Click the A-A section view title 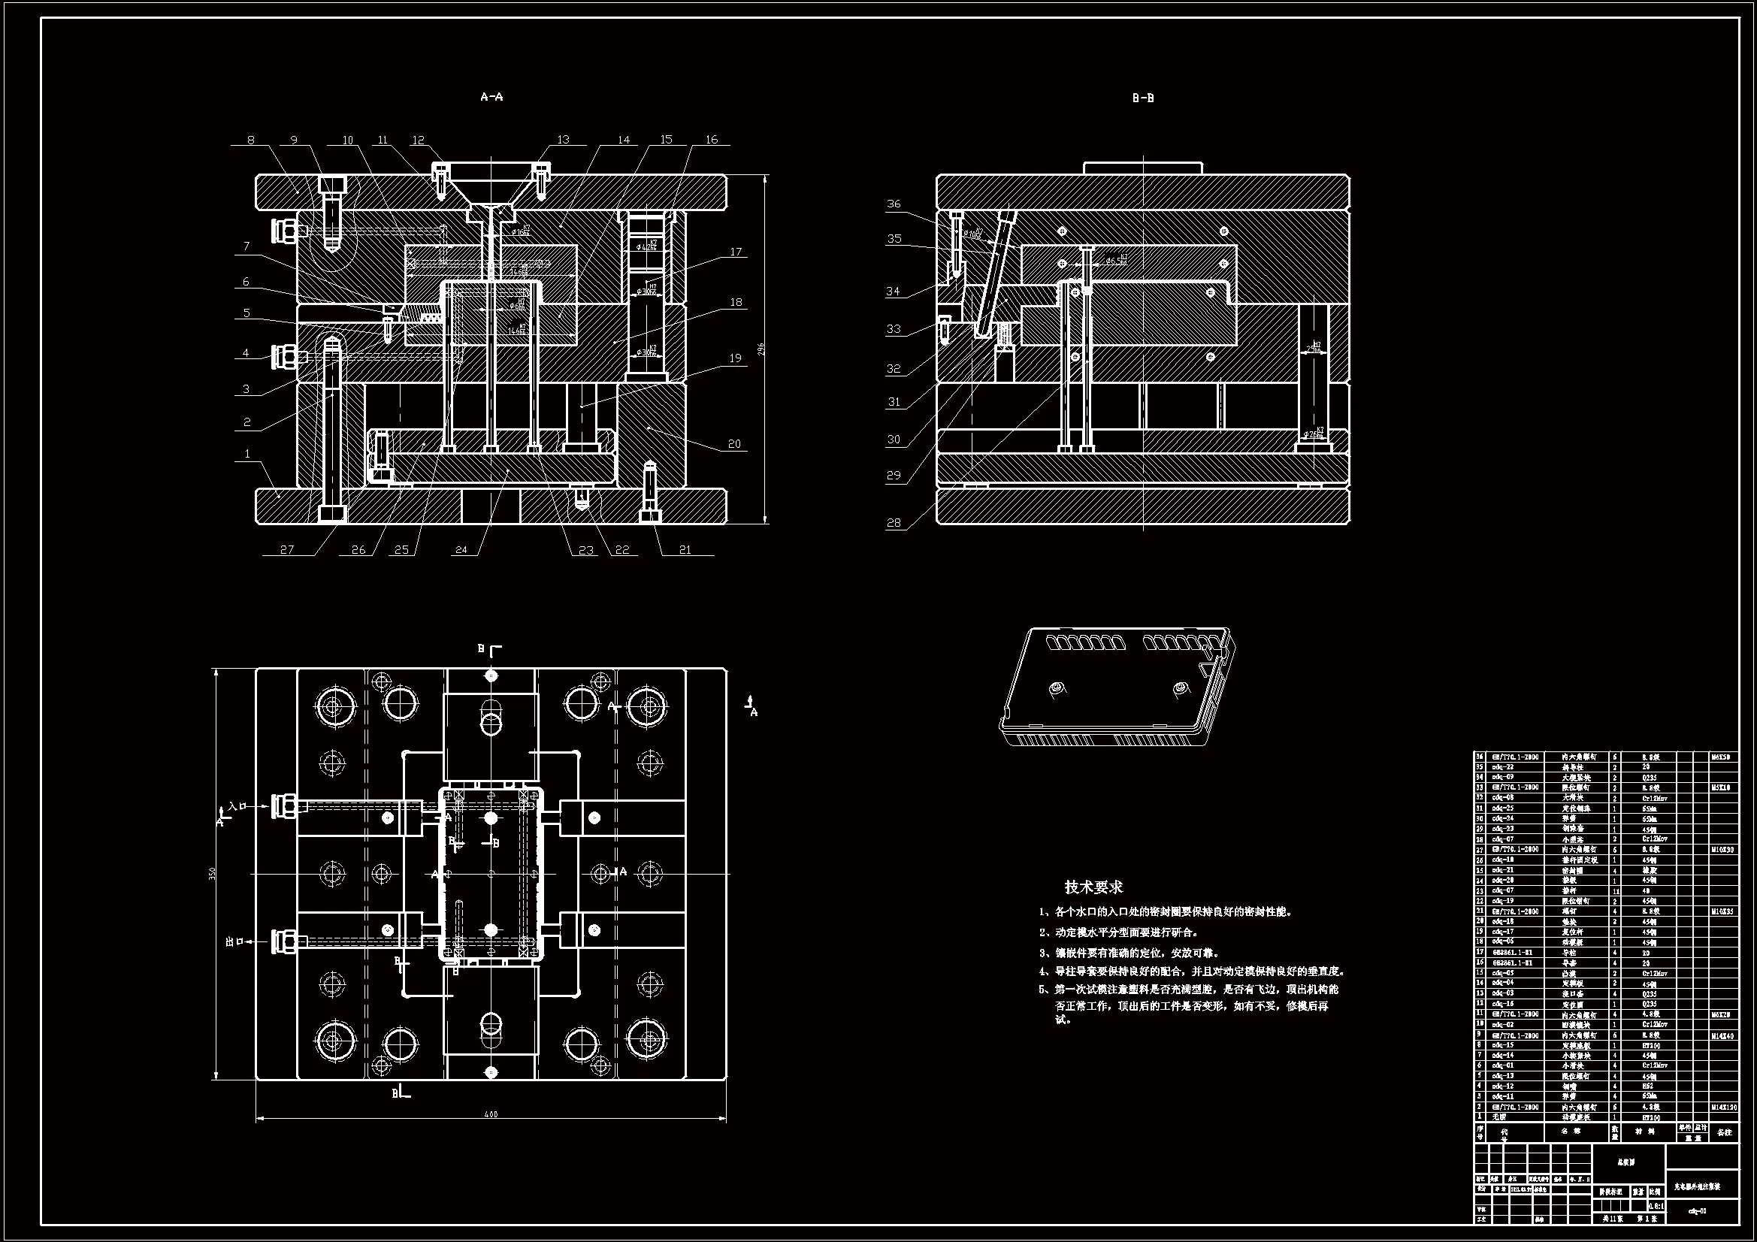(x=491, y=96)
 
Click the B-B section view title (x=1142, y=98)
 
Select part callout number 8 (x=250, y=140)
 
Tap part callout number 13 (x=563, y=139)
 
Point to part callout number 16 (x=712, y=139)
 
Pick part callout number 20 (x=734, y=443)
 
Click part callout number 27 (x=287, y=548)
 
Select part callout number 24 (x=461, y=548)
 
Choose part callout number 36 (x=894, y=204)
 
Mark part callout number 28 (x=894, y=523)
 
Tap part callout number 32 (x=894, y=368)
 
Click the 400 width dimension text (x=491, y=1114)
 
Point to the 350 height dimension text (x=212, y=873)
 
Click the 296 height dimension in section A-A (x=761, y=349)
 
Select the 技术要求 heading (x=1093, y=887)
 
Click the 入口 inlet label (x=237, y=805)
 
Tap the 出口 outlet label (x=234, y=941)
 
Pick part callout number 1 (x=246, y=454)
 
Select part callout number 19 (x=735, y=358)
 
